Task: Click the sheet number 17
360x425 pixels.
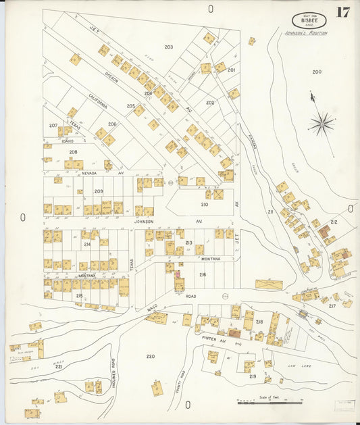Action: (342, 13)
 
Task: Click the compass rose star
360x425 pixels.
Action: (322, 123)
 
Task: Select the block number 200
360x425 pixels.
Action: (316, 72)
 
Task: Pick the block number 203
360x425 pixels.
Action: (168, 47)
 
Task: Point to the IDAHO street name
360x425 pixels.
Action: (68, 141)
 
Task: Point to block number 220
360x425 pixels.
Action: (150, 356)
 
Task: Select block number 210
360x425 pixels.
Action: (204, 204)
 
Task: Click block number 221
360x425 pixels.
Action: (59, 367)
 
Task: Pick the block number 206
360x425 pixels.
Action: (112, 124)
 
